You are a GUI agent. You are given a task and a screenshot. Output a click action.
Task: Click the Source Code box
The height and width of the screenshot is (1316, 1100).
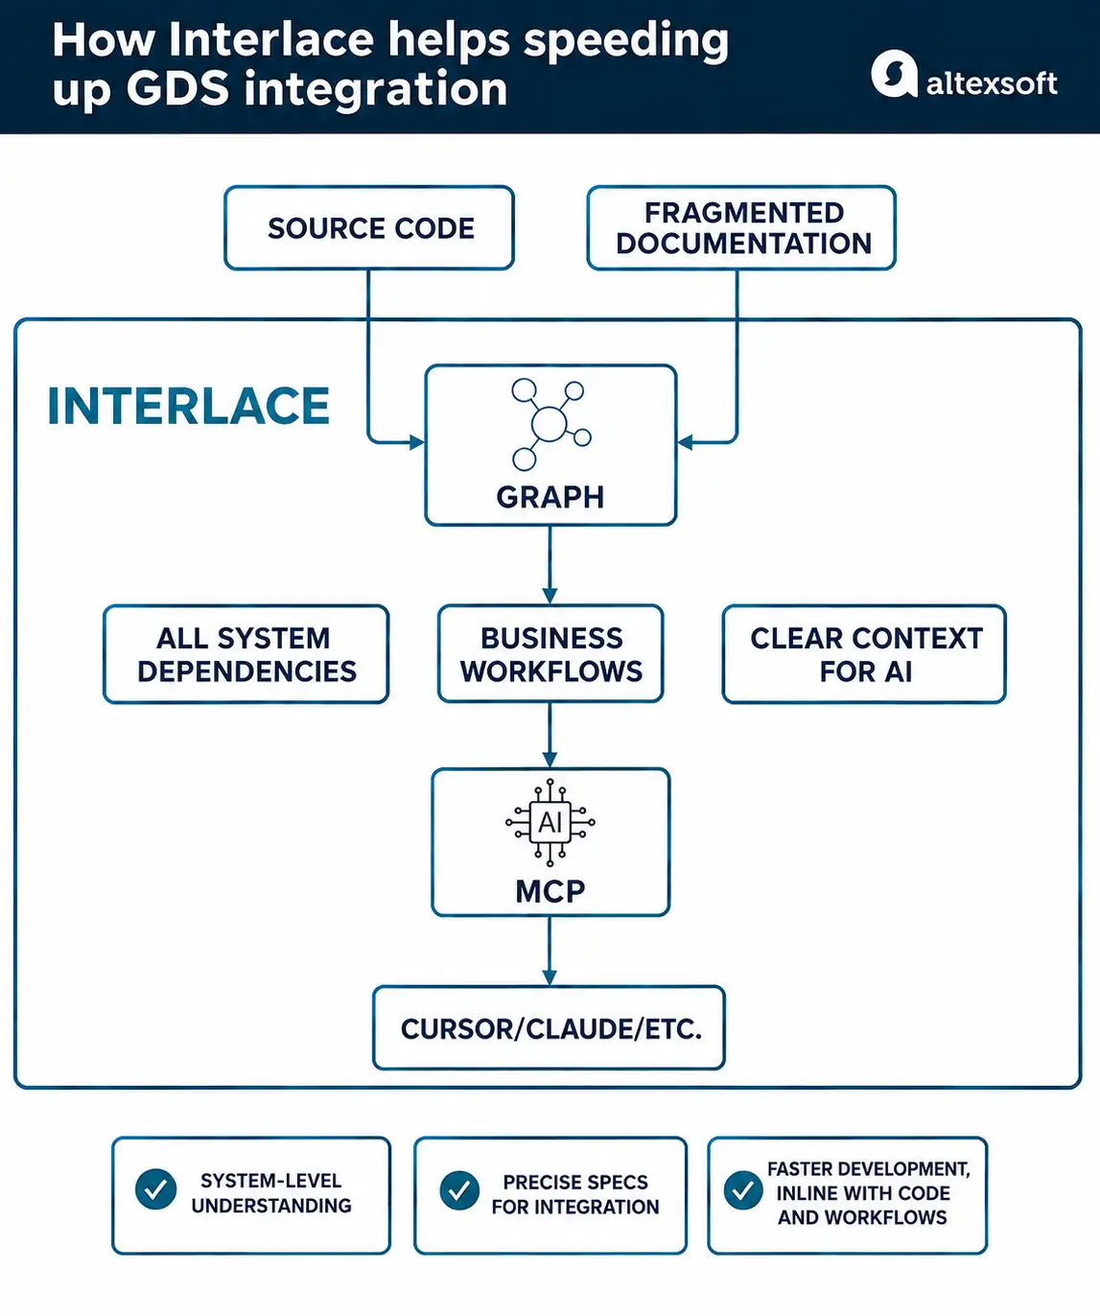369,227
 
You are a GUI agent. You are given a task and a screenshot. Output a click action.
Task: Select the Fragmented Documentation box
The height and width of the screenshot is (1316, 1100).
741,227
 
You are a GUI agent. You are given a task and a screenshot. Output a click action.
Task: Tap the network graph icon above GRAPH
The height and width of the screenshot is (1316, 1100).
550,424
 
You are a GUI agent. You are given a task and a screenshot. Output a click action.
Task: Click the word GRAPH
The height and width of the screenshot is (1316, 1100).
550,497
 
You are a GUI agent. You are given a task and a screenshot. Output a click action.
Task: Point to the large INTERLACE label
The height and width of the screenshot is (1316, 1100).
189,407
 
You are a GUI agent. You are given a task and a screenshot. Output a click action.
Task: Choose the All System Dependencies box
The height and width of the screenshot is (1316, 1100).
246,654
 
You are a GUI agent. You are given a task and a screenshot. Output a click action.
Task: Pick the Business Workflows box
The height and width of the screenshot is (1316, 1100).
550,653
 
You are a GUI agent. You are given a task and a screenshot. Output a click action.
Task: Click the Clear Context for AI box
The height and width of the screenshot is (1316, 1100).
864,654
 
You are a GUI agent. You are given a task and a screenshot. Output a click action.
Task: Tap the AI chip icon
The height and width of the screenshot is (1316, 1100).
550,823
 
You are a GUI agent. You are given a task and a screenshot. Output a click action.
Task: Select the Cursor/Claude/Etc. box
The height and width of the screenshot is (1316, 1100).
550,1028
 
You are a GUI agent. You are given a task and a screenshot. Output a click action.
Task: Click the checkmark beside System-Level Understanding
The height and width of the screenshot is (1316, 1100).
155,1188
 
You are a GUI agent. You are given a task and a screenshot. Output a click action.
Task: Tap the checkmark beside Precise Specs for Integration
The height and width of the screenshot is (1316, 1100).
459,1190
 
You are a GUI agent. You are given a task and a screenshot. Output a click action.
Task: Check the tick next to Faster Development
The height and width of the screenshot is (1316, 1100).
743,1190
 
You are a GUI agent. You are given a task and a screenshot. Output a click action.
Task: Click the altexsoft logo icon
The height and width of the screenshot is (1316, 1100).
894,74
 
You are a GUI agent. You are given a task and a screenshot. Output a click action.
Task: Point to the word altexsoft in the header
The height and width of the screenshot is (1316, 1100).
992,83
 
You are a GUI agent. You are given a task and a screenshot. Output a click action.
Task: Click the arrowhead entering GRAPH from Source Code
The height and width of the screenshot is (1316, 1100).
416,442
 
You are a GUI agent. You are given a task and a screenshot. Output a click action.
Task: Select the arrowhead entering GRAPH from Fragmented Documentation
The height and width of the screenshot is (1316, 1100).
685,442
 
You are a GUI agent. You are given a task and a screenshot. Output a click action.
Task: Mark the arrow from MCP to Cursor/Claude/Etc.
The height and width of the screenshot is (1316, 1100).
550,952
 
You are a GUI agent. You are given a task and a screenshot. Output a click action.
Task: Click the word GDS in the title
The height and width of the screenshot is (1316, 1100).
178,89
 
